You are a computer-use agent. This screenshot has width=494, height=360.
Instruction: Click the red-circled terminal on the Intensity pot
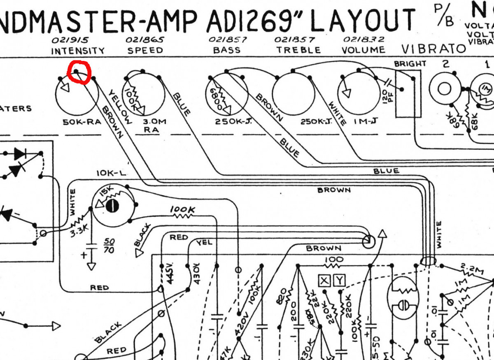[x=77, y=72]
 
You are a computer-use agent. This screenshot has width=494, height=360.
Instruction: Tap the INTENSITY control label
[x=77, y=51]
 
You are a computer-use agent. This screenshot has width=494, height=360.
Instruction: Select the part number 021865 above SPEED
[x=145, y=40]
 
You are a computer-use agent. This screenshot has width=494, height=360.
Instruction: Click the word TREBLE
[x=298, y=50]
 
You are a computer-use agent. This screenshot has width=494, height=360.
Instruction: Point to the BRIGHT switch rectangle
[x=408, y=94]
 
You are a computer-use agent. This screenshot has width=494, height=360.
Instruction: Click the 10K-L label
[x=111, y=174]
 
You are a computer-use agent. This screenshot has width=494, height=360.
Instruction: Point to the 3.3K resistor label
[x=79, y=230]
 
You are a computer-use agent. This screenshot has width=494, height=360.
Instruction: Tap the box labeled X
[x=324, y=281]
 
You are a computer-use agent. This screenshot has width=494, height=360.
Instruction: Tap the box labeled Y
[x=340, y=281]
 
